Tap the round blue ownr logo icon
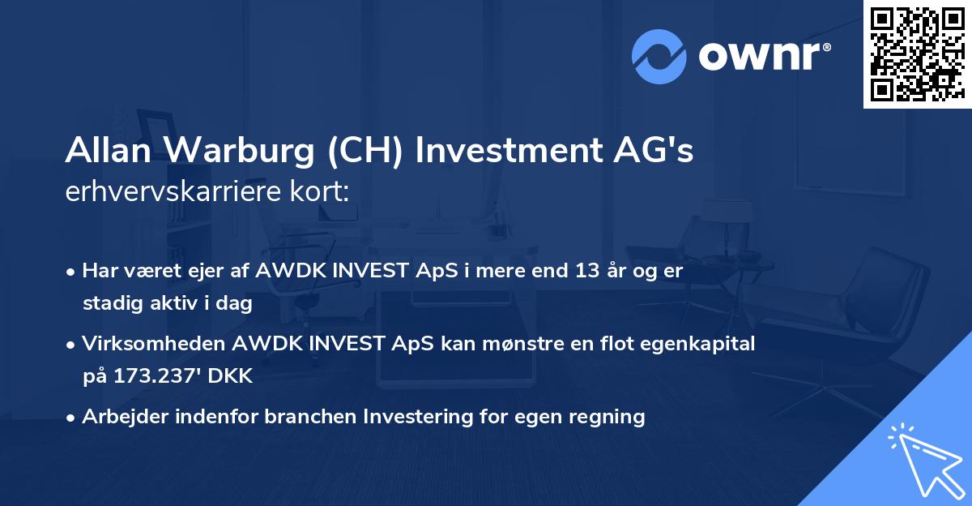coord(660,56)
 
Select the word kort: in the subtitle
coord(323,193)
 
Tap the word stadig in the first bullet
coord(110,304)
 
